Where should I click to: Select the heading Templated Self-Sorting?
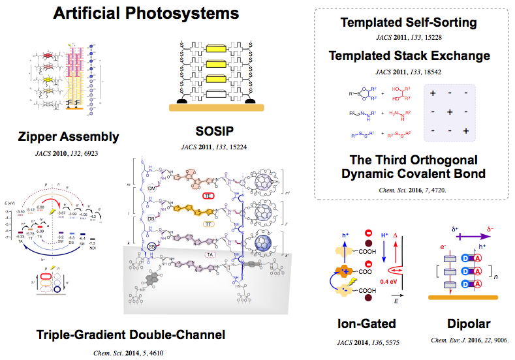(x=409, y=23)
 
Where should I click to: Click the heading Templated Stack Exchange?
(x=409, y=55)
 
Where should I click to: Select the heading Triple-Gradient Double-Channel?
(x=131, y=335)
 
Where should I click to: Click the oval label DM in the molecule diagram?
(x=154, y=188)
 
